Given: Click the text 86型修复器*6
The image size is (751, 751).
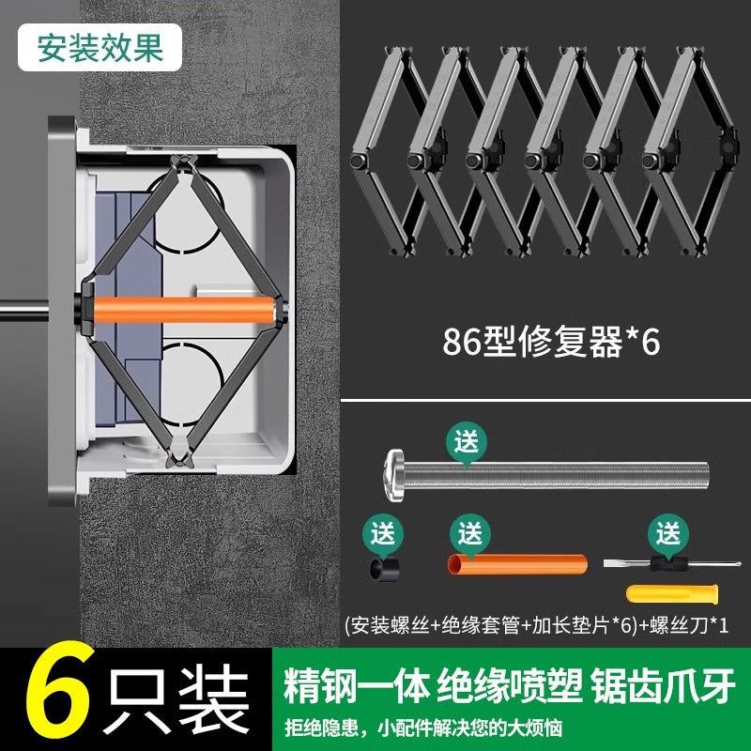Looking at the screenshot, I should (x=551, y=342).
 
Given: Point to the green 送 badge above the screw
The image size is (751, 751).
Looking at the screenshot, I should (x=467, y=439).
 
